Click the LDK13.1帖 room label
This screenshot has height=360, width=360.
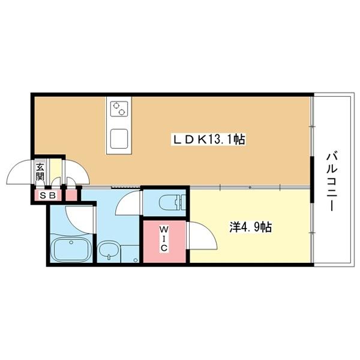click(208, 139)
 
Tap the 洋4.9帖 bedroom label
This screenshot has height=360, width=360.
click(251, 227)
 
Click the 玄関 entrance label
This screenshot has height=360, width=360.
click(40, 171)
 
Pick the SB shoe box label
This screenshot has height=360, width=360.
click(48, 196)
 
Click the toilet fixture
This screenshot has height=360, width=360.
click(172, 202)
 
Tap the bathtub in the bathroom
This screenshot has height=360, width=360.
click(71, 250)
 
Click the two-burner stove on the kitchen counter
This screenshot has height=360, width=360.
click(119, 109)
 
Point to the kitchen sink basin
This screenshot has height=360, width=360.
click(119, 139)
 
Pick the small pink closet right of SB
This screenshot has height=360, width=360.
click(71, 195)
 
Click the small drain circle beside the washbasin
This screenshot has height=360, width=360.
click(136, 260)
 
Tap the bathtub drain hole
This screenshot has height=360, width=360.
click(71, 242)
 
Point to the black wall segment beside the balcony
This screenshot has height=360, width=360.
click(312, 179)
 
